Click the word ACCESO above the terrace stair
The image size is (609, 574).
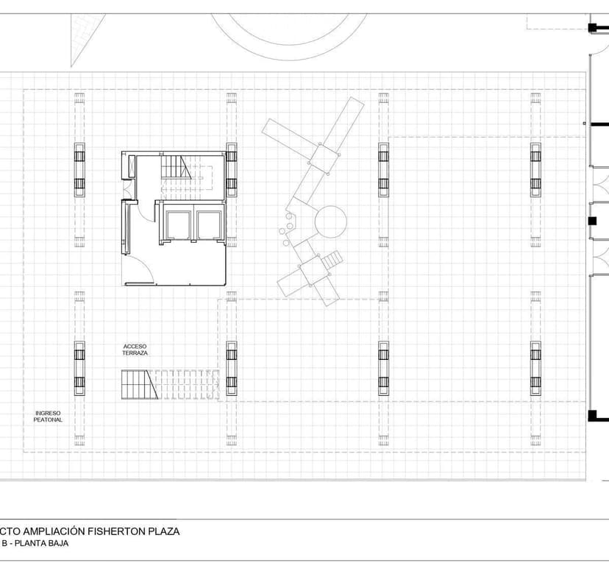(x=135, y=346)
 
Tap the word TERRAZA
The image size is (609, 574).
(x=135, y=354)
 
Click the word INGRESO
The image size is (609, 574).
(x=48, y=413)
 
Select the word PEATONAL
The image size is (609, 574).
(x=48, y=420)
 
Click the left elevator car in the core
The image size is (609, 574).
(x=178, y=224)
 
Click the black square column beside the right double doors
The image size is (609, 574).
(x=591, y=221)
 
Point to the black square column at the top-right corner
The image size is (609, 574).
(x=592, y=28)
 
